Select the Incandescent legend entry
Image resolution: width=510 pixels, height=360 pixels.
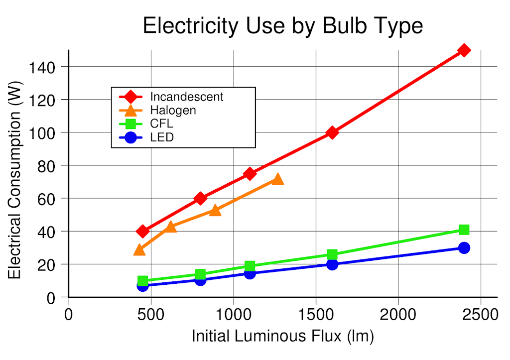pos(186,97)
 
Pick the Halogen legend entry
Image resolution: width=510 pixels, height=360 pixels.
pos(173,111)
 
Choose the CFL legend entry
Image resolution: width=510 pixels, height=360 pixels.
pos(161,124)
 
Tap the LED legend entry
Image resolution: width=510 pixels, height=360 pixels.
pos(162,137)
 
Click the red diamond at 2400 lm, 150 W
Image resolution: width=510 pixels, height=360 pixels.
pos(464,50)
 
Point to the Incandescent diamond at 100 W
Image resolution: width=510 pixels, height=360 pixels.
pos(332,132)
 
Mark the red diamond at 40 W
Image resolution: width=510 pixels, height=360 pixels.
pos(143,231)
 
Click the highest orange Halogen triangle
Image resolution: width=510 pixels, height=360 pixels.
pos(278,179)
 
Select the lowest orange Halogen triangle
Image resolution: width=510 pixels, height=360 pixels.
pos(140,249)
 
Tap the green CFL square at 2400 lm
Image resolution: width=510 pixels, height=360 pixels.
pos(464,230)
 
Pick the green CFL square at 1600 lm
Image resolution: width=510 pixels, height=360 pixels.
pos(332,254)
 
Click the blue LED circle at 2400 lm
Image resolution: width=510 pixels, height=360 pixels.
pos(464,248)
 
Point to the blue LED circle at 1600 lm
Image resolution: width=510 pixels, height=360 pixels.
pos(332,264)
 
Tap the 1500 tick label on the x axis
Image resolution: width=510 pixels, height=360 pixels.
pos(316,315)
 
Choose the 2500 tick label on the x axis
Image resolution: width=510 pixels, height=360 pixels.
pos(481,315)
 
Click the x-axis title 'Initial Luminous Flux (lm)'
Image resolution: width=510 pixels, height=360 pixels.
pos(283,337)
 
